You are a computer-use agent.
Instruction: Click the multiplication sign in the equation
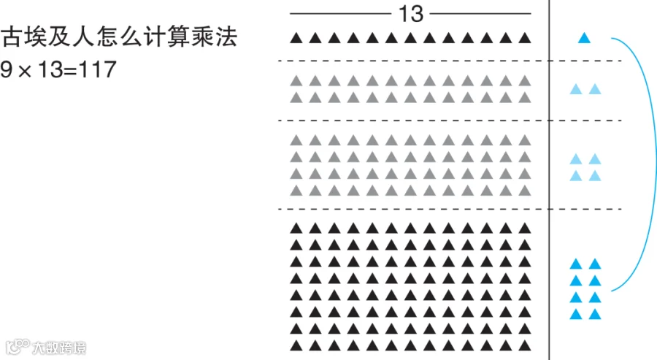pos(25,71)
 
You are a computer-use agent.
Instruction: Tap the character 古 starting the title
pos(12,37)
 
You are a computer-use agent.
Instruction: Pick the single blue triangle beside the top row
pos(584,38)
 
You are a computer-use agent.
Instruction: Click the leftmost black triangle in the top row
pos(296,38)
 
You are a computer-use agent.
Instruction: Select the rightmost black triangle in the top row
pos(524,38)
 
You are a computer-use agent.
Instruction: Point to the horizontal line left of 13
pos(340,13)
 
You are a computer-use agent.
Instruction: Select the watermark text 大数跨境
pos(58,348)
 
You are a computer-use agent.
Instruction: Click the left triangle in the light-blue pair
pos(575,90)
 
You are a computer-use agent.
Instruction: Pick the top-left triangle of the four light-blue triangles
pos(575,159)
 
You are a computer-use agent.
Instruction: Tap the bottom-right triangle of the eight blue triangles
pos(595,315)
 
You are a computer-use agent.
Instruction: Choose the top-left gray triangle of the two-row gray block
pos(296,80)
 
